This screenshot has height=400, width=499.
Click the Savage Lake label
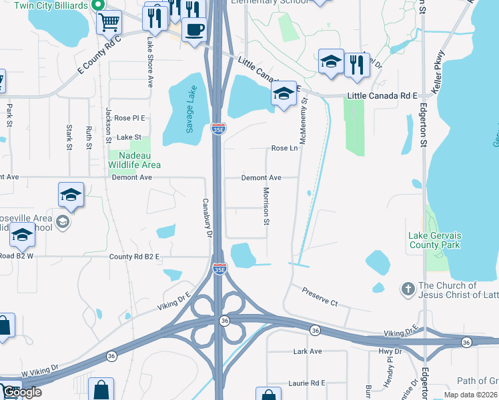click(x=190, y=109)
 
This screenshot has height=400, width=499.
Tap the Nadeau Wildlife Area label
click(x=135, y=160)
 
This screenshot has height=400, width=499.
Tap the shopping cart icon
click(x=109, y=22)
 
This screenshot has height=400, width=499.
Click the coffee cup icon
click(x=194, y=30)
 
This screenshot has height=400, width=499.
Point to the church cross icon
click(x=408, y=289)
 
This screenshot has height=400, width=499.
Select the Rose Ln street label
click(x=284, y=149)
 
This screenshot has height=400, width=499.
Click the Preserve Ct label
click(x=320, y=297)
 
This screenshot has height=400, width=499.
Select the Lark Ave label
click(x=307, y=351)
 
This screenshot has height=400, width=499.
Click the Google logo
click(x=21, y=393)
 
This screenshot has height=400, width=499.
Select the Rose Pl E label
click(x=129, y=118)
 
